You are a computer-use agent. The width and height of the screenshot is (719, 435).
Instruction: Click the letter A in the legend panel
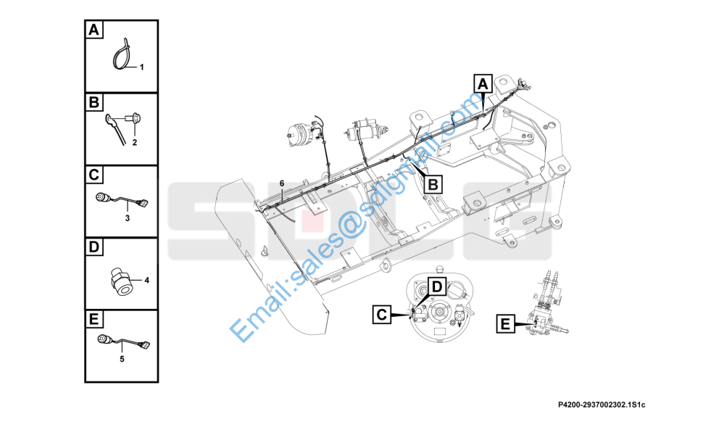[93, 30]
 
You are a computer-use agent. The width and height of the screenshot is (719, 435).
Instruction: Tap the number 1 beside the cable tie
[141, 67]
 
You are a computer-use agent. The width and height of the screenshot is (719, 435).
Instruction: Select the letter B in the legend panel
[94, 102]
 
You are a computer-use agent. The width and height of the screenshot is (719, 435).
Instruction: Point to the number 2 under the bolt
[134, 143]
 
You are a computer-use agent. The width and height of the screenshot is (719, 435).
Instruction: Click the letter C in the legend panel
[93, 175]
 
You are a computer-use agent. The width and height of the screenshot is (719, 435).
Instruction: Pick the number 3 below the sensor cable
[128, 218]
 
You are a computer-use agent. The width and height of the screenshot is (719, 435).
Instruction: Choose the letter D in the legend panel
[93, 247]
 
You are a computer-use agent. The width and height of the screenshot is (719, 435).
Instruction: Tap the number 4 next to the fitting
[146, 281]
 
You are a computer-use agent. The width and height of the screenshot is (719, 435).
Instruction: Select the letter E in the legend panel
[93, 319]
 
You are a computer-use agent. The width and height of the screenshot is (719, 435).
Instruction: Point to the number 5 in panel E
[122, 360]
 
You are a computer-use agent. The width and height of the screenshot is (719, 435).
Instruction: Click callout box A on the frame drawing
[483, 84]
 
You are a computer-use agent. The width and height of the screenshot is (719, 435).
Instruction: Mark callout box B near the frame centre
[433, 184]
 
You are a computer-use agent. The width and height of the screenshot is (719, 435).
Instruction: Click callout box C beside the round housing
[382, 315]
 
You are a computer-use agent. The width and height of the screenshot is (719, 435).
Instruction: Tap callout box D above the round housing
[436, 287]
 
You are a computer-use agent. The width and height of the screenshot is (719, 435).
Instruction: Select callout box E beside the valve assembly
[505, 323]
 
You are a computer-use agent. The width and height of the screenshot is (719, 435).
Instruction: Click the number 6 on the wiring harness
[282, 183]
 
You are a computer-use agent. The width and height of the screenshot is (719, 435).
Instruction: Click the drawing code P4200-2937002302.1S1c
[602, 405]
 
